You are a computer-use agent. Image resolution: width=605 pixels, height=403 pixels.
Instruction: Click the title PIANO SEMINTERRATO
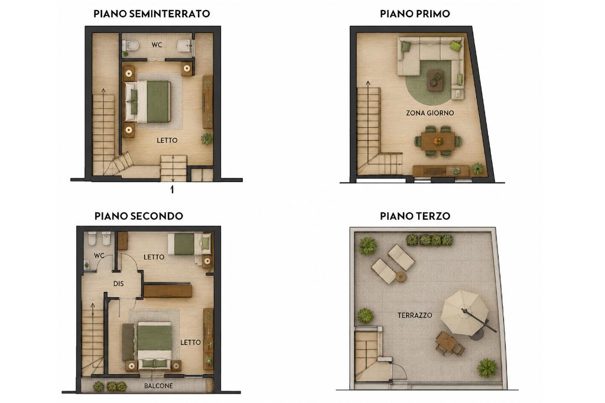pyautogui.click(x=152, y=14)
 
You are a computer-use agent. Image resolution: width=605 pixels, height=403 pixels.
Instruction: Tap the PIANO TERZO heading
pyautogui.click(x=415, y=216)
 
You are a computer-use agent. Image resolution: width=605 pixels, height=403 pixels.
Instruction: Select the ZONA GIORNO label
pyautogui.click(x=430, y=113)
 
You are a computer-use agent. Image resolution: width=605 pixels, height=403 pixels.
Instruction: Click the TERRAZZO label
pyautogui.click(x=415, y=316)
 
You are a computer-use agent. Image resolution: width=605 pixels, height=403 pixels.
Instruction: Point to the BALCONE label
pyautogui.click(x=158, y=386)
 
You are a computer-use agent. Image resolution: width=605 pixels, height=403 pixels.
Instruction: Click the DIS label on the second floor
pyautogui.click(x=118, y=284)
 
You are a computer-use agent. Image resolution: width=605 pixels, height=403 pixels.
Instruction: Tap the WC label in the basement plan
pyautogui.click(x=157, y=45)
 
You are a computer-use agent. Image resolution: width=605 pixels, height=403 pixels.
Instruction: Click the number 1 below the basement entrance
pyautogui.click(x=172, y=190)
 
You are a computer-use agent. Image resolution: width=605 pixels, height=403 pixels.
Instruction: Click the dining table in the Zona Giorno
pyautogui.click(x=438, y=141)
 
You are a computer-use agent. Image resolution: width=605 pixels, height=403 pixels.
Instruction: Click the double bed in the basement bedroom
pyautogui.click(x=147, y=102)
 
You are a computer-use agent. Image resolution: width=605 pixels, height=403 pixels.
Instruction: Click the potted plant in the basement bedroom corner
pyautogui.click(x=207, y=139)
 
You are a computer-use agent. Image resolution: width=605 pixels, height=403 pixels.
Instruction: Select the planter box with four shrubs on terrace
pyautogui.click(x=430, y=240)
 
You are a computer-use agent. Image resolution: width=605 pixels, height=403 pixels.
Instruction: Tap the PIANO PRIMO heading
pyautogui.click(x=415, y=14)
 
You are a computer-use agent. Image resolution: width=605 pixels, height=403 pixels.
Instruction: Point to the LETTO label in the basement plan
pyautogui.click(x=167, y=141)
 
